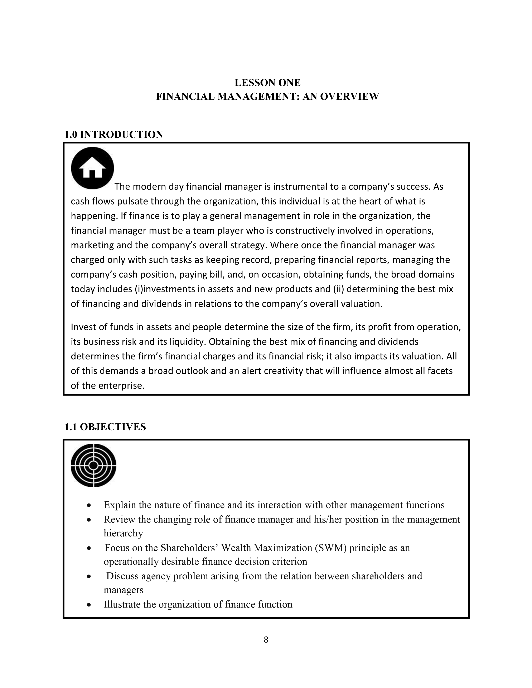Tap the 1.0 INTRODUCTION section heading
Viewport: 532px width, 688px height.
tap(113, 134)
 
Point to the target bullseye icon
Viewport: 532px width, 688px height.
tap(93, 465)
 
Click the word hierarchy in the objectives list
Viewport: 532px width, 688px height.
tap(123, 533)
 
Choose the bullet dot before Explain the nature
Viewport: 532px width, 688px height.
tap(89, 505)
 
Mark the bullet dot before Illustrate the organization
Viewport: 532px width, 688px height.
tap(89, 605)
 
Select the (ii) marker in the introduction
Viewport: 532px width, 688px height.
tap(339, 289)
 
